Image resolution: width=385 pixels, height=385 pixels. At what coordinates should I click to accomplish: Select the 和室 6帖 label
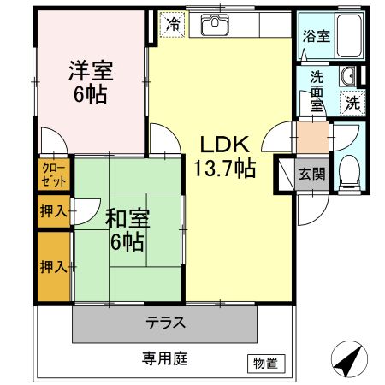tap(127, 228)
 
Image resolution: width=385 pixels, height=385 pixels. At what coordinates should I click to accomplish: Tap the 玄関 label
tap(311, 173)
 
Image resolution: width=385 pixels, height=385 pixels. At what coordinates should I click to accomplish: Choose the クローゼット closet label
tap(50, 175)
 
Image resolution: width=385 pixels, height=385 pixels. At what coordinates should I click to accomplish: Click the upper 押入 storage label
tap(51, 211)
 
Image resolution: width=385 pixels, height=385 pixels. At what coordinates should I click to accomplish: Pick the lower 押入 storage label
tap(51, 266)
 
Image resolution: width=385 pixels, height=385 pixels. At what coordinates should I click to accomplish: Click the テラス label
tap(165, 323)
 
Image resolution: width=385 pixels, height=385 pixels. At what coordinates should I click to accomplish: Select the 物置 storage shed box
tap(265, 363)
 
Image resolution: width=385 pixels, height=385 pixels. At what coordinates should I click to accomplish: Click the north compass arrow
tap(347, 360)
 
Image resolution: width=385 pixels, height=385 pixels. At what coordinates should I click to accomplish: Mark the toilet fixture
tap(349, 171)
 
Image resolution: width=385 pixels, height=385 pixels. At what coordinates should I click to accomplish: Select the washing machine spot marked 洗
tap(352, 103)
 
